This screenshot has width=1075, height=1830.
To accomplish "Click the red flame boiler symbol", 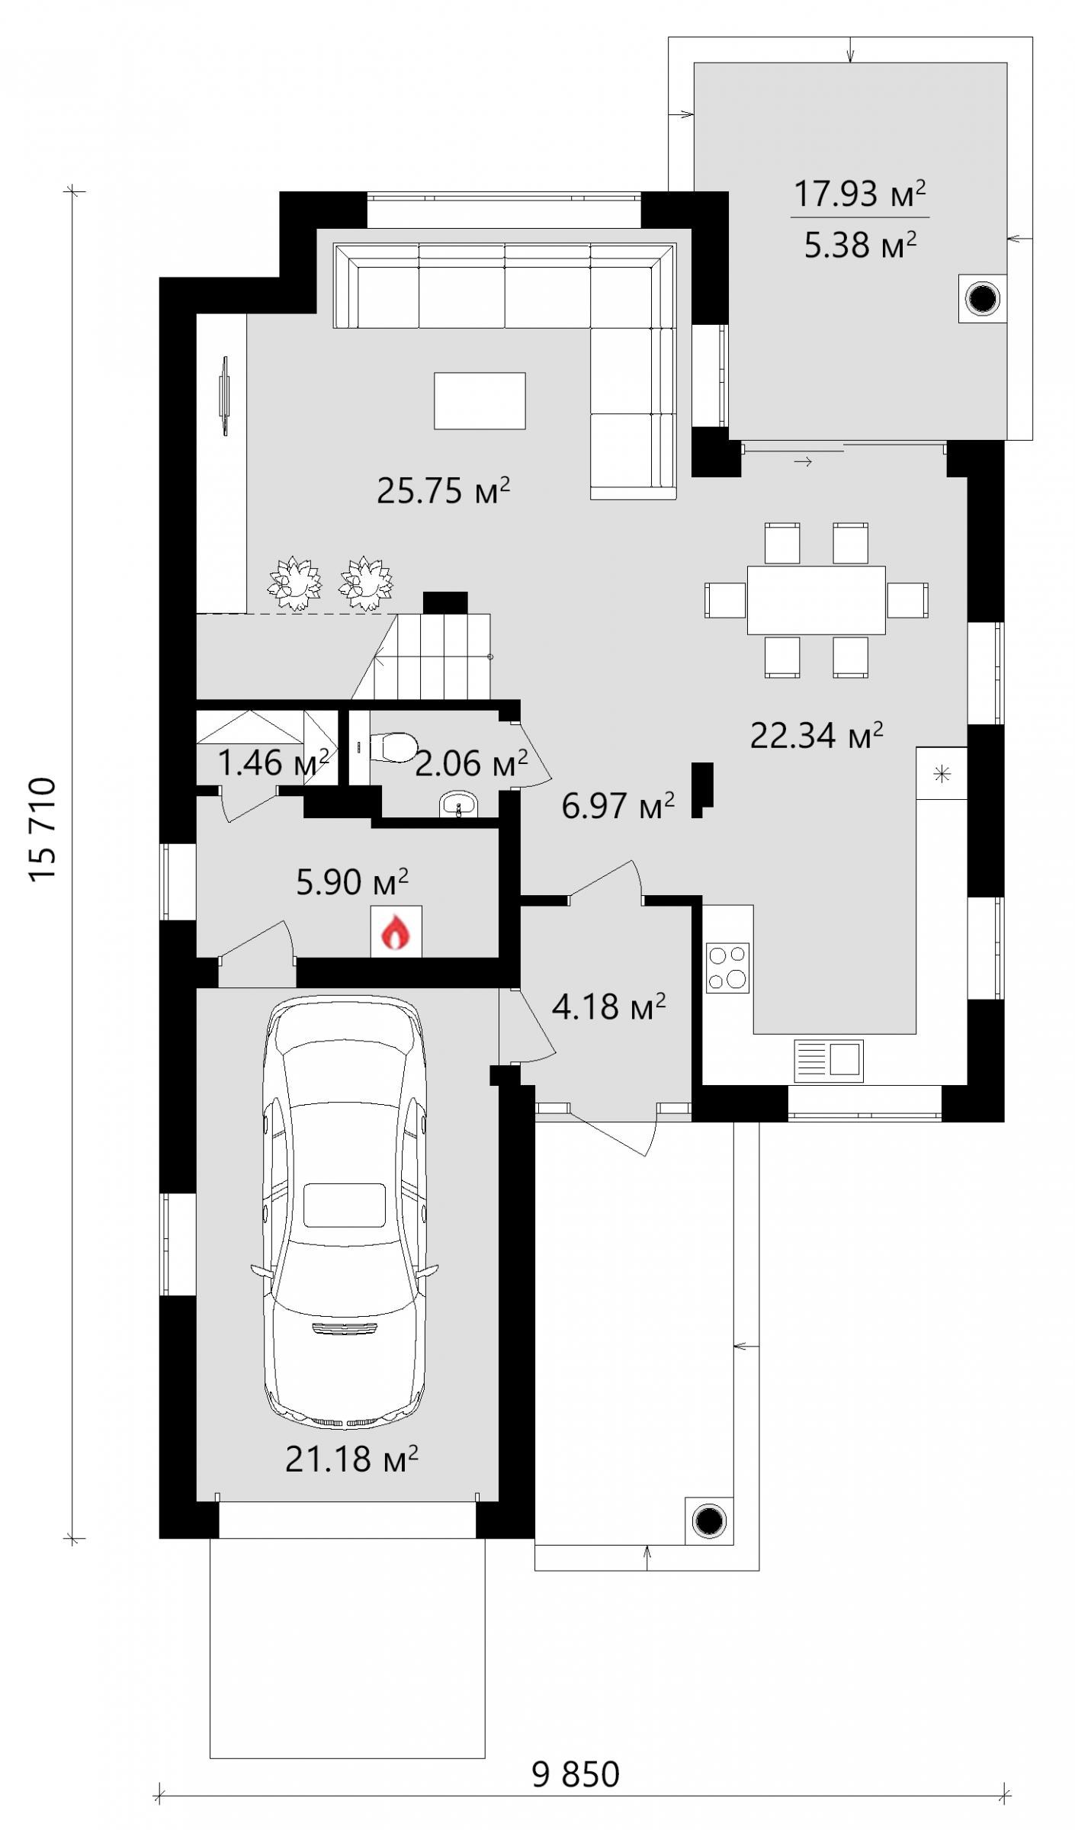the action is tap(396, 932).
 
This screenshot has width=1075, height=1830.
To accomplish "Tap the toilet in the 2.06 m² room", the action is tap(393, 746).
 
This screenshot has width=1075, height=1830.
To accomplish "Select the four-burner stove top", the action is tap(727, 968).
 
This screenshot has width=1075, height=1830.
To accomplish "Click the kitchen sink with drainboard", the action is tap(829, 1061).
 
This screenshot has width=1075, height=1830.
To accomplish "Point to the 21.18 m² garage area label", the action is tap(351, 1459).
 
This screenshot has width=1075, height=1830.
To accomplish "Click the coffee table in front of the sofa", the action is tap(480, 400).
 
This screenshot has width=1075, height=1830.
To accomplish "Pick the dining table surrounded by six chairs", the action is tap(816, 599).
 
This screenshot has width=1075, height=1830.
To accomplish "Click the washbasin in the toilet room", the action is tap(458, 805).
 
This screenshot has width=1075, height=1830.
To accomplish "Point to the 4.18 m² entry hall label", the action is tap(608, 1006).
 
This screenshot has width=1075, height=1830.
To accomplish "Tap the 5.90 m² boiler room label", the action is tap(351, 881).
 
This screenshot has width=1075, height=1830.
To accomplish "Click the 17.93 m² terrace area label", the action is tap(859, 194).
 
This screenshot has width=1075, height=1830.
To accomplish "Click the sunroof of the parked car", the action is tap(345, 1205).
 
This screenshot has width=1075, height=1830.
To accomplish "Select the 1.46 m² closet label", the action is tap(274, 762).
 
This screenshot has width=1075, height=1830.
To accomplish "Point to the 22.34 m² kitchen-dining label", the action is tap(817, 736).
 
